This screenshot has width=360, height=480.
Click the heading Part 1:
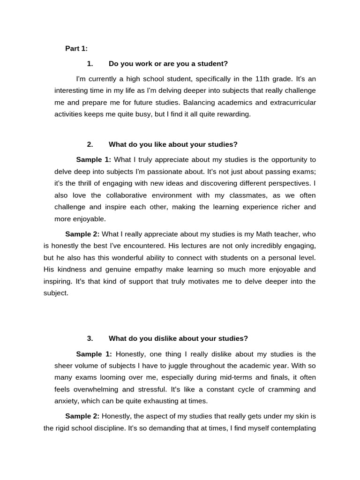coord(76,48)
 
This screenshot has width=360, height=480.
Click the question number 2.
coord(90,144)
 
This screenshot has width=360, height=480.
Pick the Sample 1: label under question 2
coord(93,160)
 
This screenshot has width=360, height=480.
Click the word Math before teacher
coord(259,233)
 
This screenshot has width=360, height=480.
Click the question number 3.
coord(90,338)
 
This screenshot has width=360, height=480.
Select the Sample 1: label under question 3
coord(94,354)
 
